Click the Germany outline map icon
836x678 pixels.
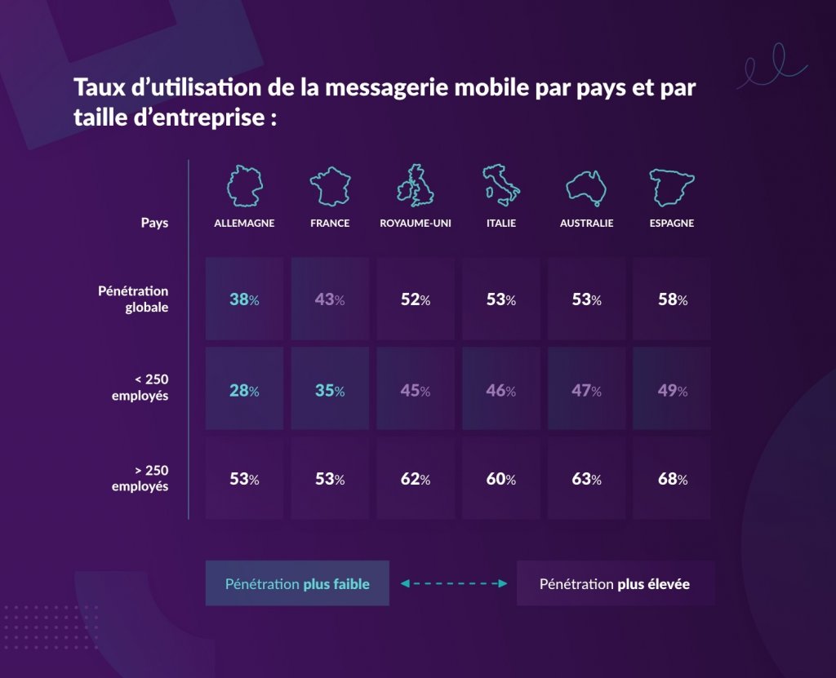[244, 185]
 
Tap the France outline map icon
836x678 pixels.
[330, 185]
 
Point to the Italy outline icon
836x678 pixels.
[500, 184]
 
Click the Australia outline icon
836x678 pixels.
[586, 187]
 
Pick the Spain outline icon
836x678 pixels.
[672, 185]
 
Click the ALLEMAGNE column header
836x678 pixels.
[244, 223]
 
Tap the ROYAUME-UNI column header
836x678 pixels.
[416, 223]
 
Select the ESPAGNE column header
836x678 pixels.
[672, 223]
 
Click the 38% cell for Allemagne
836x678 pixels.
[244, 299]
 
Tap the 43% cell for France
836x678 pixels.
[330, 299]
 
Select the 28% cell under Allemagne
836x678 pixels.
[244, 390]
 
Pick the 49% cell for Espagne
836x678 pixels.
[672, 390]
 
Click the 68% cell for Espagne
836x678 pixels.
[672, 479]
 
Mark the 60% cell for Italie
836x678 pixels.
[500, 479]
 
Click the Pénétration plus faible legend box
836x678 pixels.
[297, 583]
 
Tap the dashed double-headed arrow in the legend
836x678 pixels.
[453, 583]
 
